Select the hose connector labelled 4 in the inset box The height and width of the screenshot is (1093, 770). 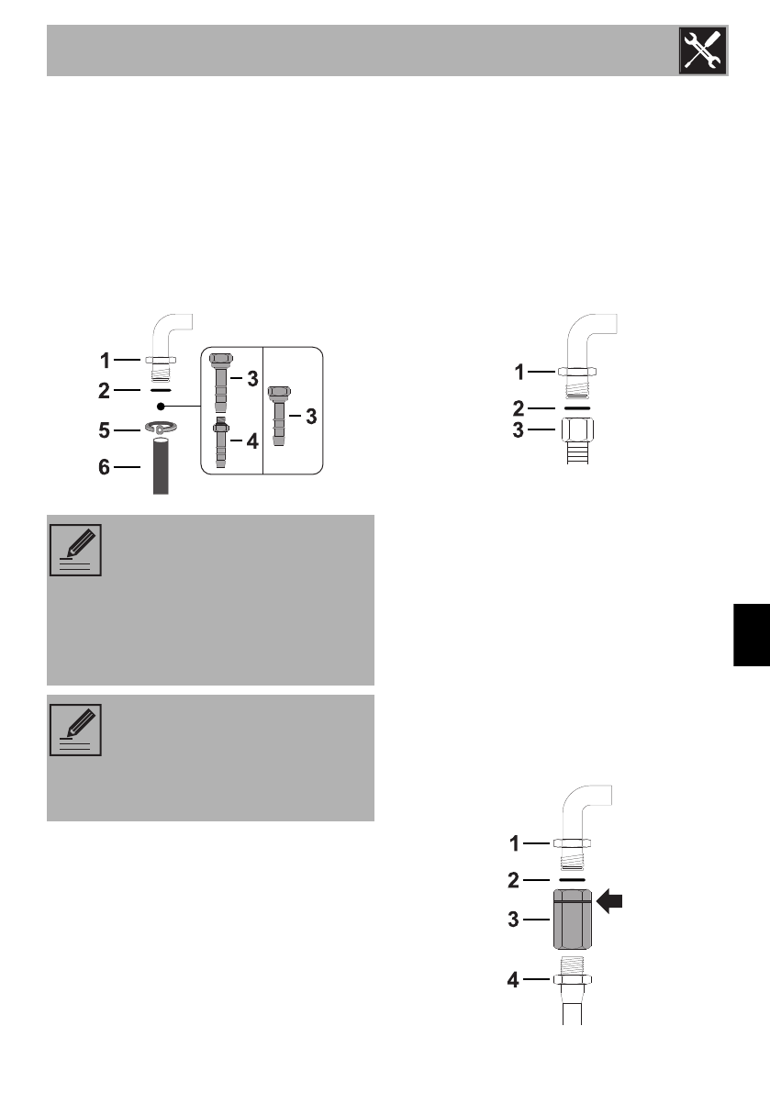click(219, 442)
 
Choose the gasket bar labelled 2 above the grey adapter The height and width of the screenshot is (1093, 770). click(572, 879)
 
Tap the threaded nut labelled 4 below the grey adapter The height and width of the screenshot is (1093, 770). click(572, 978)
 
